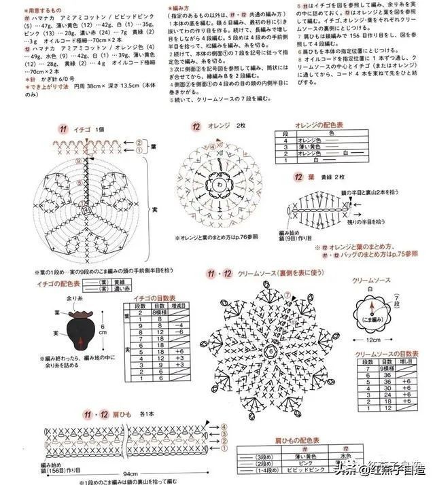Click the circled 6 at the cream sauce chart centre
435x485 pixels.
coord(268,349)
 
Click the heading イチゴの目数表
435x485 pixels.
coord(154,298)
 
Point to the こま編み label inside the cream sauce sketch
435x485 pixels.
coord(373,318)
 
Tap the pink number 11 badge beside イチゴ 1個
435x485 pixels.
coord(63,128)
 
